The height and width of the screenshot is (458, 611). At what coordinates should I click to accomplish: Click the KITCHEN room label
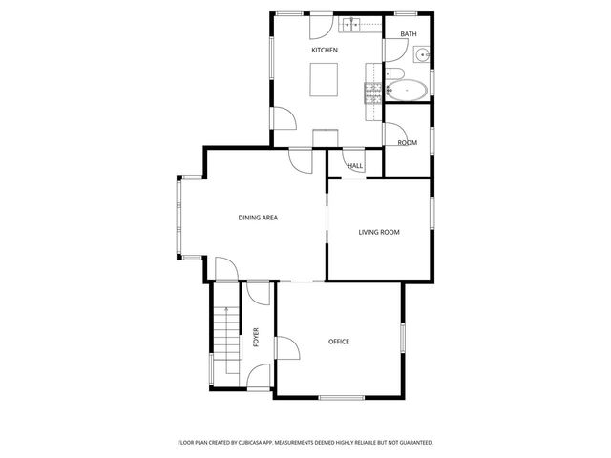point(325,50)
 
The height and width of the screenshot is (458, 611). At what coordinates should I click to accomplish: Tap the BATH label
point(408,35)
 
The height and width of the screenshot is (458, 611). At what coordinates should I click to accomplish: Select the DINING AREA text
point(258,219)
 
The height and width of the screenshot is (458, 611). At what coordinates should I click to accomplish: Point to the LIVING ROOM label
point(378,232)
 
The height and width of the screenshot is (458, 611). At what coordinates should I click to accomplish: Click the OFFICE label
point(339,342)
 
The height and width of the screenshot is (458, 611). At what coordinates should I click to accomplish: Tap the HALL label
point(355,166)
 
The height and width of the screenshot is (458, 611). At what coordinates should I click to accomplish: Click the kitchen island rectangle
point(325,79)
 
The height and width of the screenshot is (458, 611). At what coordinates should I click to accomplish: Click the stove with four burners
point(372,92)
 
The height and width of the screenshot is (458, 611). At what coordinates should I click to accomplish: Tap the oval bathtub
point(406,92)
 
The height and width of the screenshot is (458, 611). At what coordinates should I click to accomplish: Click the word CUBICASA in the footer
point(263,443)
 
